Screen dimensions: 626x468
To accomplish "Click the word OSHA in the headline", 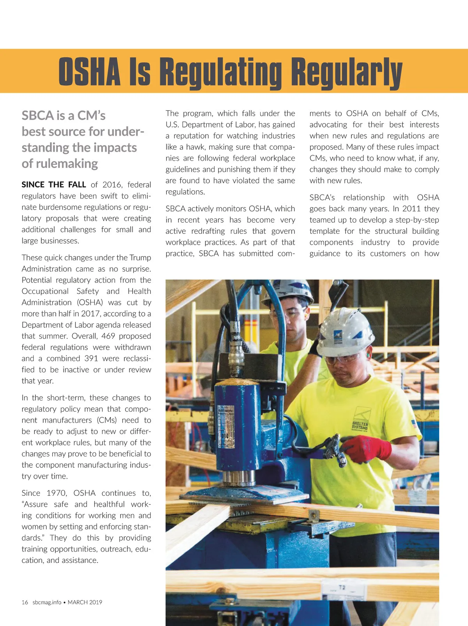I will (x=89, y=72).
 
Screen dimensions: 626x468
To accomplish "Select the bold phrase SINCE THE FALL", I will (x=54, y=185).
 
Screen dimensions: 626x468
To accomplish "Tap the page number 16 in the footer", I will (x=25, y=602).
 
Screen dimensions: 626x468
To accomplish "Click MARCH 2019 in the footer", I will (x=85, y=602).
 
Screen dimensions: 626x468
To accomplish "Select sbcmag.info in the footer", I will (x=47, y=602).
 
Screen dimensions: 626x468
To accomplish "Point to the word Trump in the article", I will (x=140, y=258).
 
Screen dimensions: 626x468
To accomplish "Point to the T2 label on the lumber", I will (x=342, y=587).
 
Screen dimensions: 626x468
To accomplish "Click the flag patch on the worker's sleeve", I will (x=414, y=424).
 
